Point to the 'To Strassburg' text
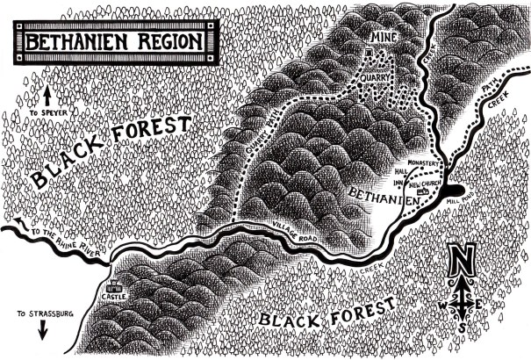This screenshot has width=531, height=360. (43, 313)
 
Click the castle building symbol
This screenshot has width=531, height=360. (112, 287)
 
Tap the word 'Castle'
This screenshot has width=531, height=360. (114, 299)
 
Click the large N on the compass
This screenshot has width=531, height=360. (463, 262)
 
